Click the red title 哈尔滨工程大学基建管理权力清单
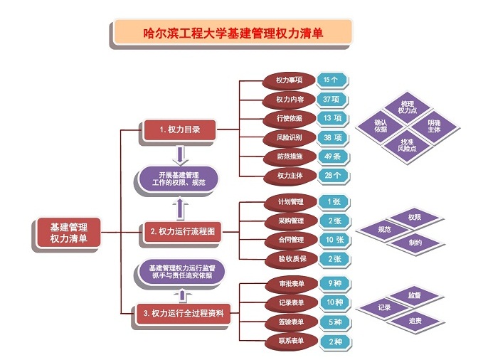[x=233, y=33]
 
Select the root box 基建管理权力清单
[x=68, y=233]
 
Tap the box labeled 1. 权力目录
[x=179, y=129]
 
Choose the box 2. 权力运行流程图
[x=182, y=231]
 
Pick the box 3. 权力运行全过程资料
[x=184, y=313]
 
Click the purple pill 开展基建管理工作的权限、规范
[x=179, y=179]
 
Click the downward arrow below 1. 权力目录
[x=180, y=155]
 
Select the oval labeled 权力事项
[x=289, y=80]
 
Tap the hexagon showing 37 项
[x=331, y=100]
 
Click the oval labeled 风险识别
[x=290, y=137]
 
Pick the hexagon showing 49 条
[x=333, y=157]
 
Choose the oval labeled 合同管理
[x=292, y=240]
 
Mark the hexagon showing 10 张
[x=335, y=240]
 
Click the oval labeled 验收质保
[x=292, y=259]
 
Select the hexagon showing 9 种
[x=335, y=283]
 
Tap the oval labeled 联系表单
[x=292, y=341]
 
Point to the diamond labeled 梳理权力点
[x=408, y=107]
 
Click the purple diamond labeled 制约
[x=415, y=243]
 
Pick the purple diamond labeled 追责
[x=415, y=321]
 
